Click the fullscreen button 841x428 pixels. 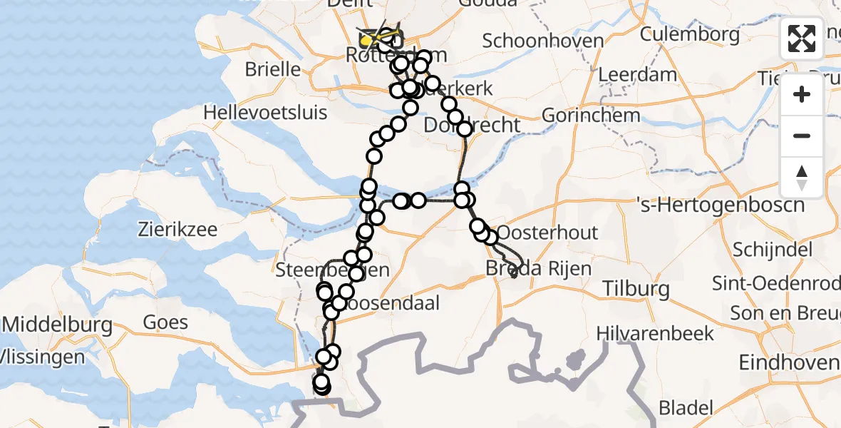pyautogui.click(x=802, y=39)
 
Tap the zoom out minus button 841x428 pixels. pyautogui.click(x=802, y=136)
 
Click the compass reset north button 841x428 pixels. pyautogui.click(x=802, y=178)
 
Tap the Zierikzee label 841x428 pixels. pyautogui.click(x=177, y=230)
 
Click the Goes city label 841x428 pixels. pyautogui.click(x=166, y=322)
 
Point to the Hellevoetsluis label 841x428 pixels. pyautogui.click(x=265, y=113)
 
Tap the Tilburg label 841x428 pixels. pyautogui.click(x=635, y=289)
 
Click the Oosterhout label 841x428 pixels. pyautogui.click(x=547, y=233)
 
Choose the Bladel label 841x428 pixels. pyautogui.click(x=686, y=408)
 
